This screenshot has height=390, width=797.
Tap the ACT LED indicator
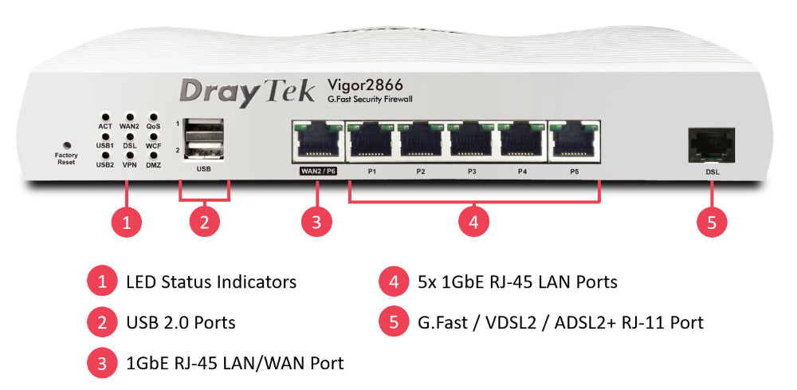click(x=105, y=117)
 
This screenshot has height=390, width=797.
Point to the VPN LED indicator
click(x=129, y=155)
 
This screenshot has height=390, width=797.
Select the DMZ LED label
click(x=154, y=165)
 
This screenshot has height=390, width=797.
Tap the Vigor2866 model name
click(x=365, y=85)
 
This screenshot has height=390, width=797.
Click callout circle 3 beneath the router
click(x=316, y=223)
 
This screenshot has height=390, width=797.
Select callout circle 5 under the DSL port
click(x=712, y=223)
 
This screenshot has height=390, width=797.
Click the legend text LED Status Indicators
click(x=211, y=282)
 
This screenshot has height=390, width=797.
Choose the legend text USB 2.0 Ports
click(x=181, y=322)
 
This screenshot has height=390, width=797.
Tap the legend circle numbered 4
click(x=393, y=282)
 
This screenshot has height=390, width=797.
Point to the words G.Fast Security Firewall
click(x=370, y=100)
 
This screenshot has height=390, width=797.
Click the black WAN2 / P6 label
click(x=316, y=171)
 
